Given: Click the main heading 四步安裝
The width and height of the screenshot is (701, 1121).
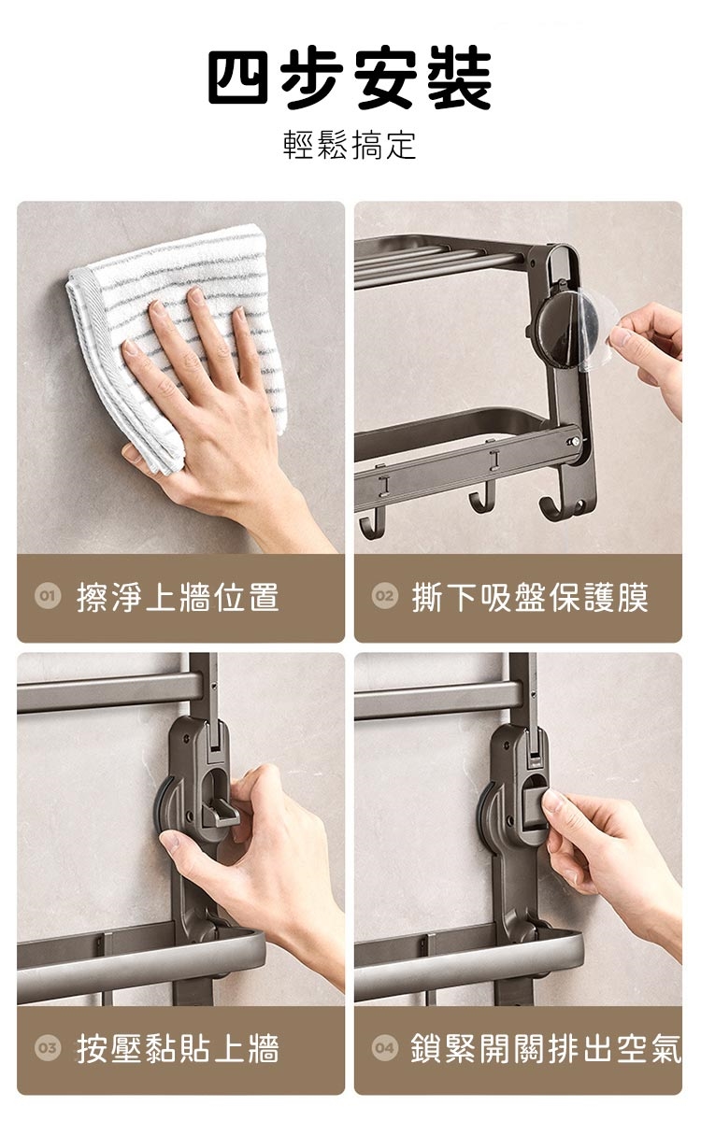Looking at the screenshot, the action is [x=350, y=77].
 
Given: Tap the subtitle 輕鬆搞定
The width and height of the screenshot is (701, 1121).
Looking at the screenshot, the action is [x=350, y=145].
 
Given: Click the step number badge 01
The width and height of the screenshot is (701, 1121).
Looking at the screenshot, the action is [x=48, y=596].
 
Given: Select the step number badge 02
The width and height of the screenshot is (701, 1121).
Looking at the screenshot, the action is [x=384, y=596].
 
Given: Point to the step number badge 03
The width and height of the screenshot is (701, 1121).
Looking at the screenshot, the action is [x=48, y=1047].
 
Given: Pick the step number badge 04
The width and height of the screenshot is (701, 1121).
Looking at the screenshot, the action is [x=384, y=1047].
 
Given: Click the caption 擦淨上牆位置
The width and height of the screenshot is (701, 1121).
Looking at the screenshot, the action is [x=178, y=597].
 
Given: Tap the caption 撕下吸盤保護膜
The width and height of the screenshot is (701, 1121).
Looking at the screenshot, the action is [x=530, y=597].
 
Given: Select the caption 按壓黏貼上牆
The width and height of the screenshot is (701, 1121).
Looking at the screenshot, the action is [x=178, y=1048].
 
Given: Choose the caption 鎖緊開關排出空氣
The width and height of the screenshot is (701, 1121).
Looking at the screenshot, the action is [x=546, y=1048].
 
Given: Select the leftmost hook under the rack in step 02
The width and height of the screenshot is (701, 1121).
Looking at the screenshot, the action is [x=368, y=524].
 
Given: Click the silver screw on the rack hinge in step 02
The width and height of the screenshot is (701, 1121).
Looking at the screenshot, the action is [x=576, y=441].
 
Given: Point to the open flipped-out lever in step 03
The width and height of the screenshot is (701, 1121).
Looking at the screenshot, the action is [x=221, y=814].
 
